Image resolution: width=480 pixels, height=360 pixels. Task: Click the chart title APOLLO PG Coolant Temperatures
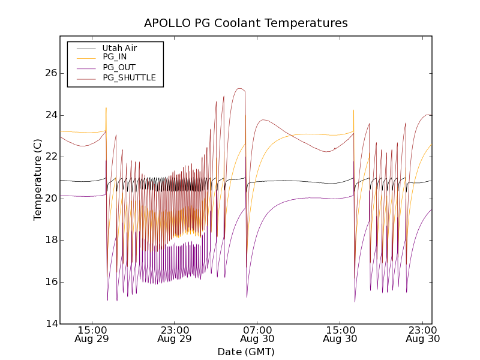click(246, 23)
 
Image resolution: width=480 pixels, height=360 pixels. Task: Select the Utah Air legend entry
click(119, 48)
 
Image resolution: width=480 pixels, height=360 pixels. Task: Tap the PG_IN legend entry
click(115, 57)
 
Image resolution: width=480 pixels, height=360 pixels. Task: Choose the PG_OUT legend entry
click(119, 67)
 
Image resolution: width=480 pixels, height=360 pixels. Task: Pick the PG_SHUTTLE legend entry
click(129, 77)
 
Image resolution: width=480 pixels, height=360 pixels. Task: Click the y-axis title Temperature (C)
click(38, 179)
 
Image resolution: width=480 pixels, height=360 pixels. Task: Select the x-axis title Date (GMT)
click(246, 352)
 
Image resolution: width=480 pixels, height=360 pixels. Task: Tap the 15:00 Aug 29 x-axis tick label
click(92, 334)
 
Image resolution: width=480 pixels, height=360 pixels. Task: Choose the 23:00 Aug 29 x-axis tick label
click(175, 334)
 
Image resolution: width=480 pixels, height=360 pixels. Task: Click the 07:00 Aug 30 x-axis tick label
click(257, 334)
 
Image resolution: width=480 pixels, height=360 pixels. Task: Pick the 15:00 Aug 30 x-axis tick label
click(340, 334)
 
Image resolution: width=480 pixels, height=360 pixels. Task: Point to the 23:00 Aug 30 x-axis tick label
click(422, 334)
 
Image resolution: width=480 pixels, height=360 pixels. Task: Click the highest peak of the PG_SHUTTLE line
click(239, 88)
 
